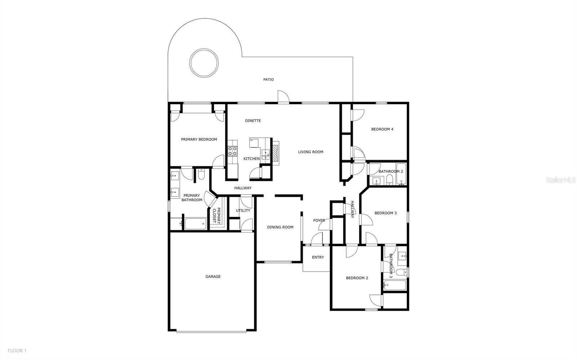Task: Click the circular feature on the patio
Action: pos(204,62)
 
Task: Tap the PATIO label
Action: pos(268,80)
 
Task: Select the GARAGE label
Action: pos(213,277)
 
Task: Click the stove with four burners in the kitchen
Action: pos(233,151)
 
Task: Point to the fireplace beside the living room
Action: pos(276,152)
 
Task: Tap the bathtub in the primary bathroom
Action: pos(195,224)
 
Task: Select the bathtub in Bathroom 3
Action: pos(395,285)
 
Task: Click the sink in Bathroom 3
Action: pos(402,257)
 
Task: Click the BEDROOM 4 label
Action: pos(382,129)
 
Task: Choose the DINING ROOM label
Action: pos(280,227)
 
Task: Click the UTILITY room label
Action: pos(243,210)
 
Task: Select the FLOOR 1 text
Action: pos(17,351)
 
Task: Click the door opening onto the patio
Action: pos(283,98)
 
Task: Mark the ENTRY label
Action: pos(318,257)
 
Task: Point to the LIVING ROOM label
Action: pos(310,152)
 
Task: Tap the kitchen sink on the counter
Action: pos(266,155)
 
